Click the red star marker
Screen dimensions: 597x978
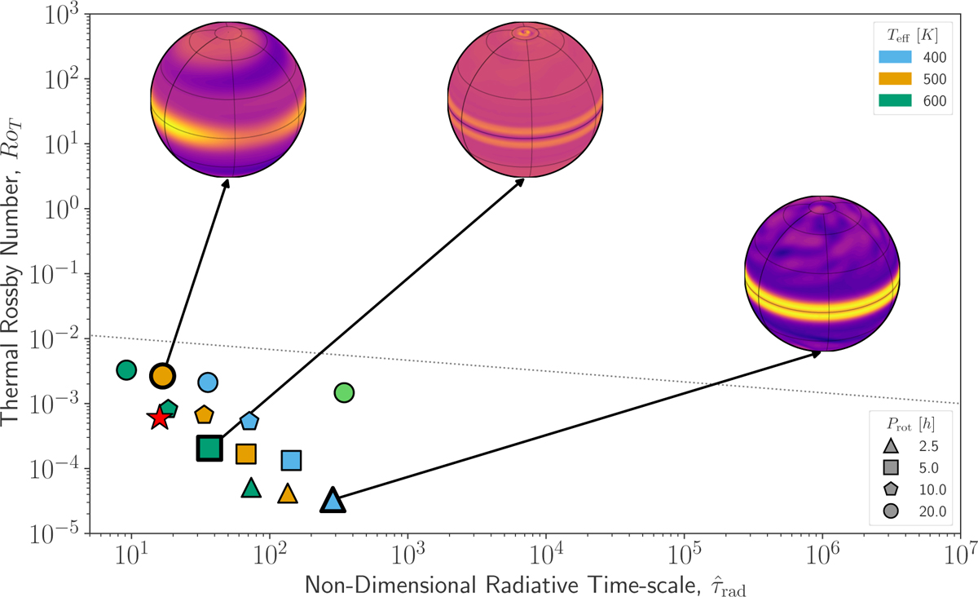160,418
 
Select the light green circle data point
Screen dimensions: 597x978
344,392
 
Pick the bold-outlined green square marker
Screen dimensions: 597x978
209,448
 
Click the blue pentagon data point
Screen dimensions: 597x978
249,421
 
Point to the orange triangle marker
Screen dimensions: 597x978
287,493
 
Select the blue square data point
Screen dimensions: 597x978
291,460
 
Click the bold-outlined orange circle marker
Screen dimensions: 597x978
163,375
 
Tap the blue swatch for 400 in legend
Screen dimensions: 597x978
893,58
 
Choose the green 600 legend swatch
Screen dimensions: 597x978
893,100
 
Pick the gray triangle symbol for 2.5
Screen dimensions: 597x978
891,446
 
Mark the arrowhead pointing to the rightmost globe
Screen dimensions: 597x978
817,352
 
